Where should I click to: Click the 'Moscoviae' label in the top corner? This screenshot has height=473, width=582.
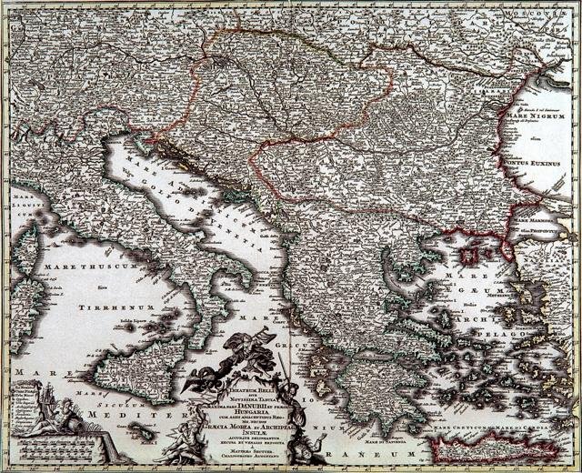pyautogui.click(x=550, y=16)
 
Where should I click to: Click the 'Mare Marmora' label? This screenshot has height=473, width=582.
pyautogui.click(x=532, y=220)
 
